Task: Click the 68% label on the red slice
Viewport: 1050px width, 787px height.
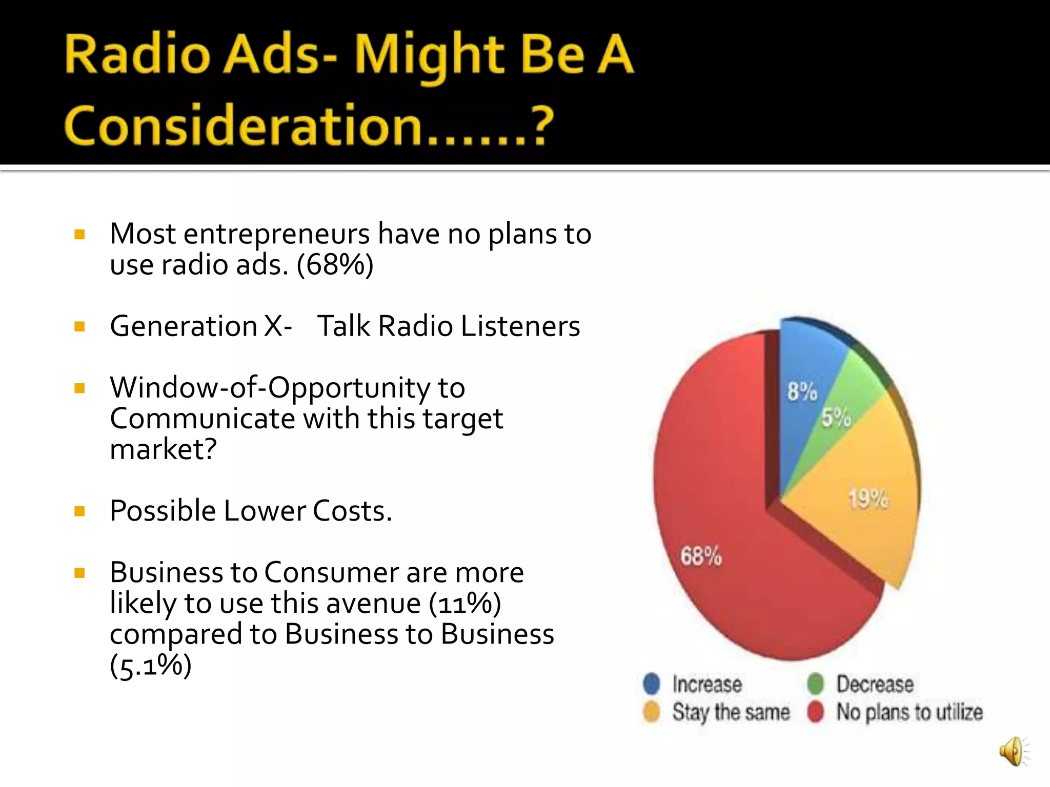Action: [x=701, y=556]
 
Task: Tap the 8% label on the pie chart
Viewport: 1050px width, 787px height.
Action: [x=802, y=392]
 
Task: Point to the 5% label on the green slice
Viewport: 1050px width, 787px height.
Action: [x=836, y=418]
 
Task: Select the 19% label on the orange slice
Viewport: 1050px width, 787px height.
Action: [x=868, y=499]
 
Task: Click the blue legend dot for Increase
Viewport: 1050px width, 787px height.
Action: [x=652, y=684]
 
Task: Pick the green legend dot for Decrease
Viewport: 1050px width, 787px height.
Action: [x=815, y=684]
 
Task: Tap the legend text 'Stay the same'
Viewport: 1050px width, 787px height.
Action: [x=731, y=712]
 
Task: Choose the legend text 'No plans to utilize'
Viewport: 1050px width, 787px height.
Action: [x=909, y=712]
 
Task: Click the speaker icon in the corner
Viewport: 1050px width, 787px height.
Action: [x=1013, y=752]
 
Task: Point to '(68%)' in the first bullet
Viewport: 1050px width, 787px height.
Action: [x=335, y=265]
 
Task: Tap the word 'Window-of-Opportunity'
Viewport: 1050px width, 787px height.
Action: [x=270, y=388]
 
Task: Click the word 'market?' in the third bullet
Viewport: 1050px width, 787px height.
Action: [x=163, y=449]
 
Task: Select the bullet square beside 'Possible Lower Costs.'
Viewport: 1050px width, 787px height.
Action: [x=79, y=511]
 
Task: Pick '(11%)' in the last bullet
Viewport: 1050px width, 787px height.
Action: [x=465, y=604]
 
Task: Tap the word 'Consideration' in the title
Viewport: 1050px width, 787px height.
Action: [x=244, y=126]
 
